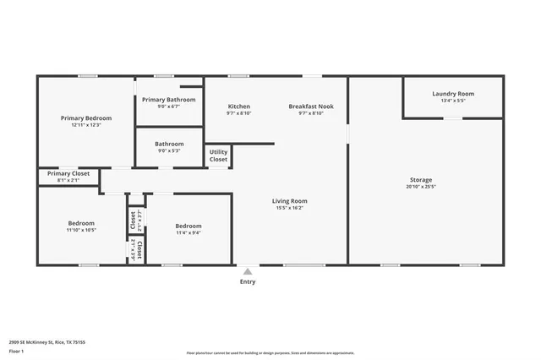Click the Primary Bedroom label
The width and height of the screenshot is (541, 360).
pos(86,118)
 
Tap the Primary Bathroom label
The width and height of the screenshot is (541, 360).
pos(169,100)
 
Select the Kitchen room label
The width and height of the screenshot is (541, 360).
pos(238,106)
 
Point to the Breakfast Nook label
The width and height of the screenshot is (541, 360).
pos(311,106)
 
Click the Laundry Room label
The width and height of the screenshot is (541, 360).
pos(453,94)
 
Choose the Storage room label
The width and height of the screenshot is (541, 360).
pos(421,180)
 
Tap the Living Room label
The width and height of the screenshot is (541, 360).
pos(289,201)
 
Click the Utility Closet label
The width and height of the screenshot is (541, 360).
pos(218,155)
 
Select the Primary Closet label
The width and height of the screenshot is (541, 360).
pos(68,173)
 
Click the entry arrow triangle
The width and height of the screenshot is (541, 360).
pos(247,271)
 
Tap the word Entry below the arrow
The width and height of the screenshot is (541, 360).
pos(247,282)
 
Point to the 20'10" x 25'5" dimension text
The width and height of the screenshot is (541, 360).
pos(421,187)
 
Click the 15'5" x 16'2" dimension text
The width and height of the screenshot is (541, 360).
pos(289,208)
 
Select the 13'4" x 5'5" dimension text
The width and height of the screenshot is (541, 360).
pos(453,101)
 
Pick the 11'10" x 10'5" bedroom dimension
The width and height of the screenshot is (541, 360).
pos(82,230)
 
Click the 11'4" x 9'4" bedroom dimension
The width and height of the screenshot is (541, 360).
pos(189,232)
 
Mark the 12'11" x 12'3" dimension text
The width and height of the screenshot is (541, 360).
pos(86,125)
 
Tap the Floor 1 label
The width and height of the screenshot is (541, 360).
pos(17,351)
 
